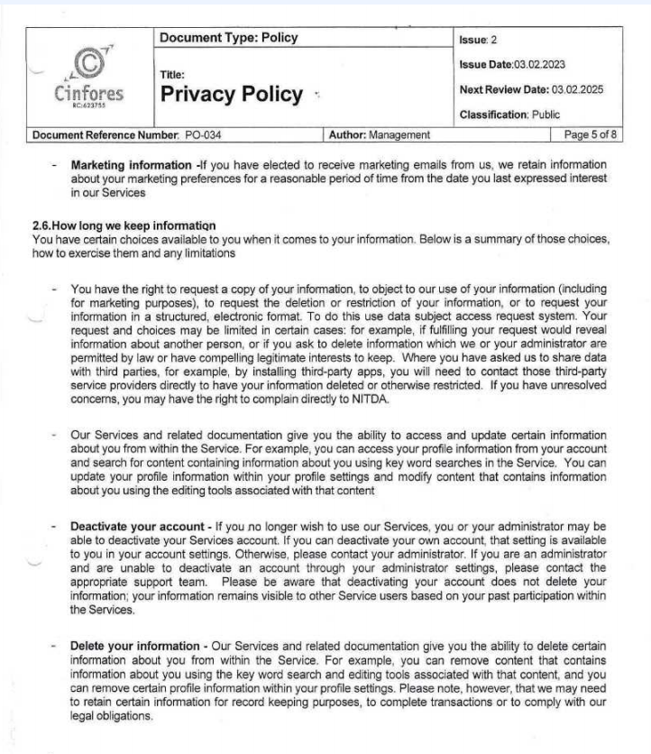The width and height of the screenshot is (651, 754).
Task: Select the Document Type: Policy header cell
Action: coord(227,38)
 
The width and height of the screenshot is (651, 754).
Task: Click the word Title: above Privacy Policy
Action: coord(171,76)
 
